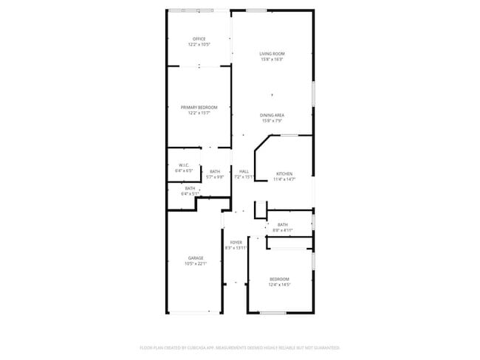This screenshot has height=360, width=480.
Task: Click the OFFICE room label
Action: point(199,38)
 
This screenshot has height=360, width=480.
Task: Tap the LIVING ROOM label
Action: point(272,54)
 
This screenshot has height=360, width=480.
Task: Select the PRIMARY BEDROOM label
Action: point(199,108)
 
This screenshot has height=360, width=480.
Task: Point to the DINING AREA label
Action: point(272,115)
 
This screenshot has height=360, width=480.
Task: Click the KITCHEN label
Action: point(284,173)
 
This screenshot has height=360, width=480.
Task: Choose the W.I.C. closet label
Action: point(184,165)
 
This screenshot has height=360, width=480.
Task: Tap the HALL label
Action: point(244,172)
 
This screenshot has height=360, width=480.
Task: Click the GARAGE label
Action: point(196,257)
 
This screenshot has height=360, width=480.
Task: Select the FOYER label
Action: point(236,242)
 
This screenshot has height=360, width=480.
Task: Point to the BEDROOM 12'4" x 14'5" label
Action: point(279,279)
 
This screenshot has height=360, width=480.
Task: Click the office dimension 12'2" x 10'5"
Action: point(199,44)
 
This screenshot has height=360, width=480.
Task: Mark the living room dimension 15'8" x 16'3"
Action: point(272,60)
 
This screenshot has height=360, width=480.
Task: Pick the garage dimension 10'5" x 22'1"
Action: point(196,263)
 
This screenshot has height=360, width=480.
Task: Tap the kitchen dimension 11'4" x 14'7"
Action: point(284,179)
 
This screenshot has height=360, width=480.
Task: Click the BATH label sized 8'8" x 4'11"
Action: point(282,225)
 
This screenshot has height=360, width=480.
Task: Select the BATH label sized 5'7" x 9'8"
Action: point(214,172)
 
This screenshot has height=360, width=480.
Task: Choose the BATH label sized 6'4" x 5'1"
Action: point(190,189)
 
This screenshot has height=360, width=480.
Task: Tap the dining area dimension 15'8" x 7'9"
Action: point(272,121)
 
